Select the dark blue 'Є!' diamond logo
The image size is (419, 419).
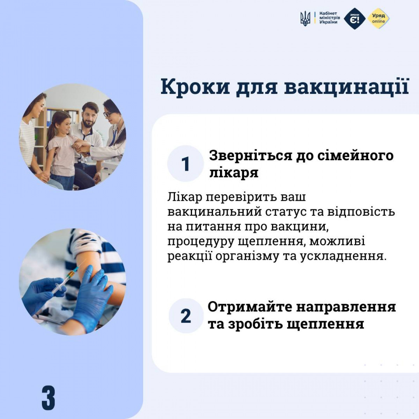[x=354, y=19]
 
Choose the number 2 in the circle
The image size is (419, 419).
[x=186, y=316]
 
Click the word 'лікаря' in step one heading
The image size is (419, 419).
[x=234, y=174]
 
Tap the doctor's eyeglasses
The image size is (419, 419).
[x=108, y=114]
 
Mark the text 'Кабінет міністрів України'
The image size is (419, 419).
[x=330, y=18]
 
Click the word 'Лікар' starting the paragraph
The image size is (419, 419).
[x=184, y=197]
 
